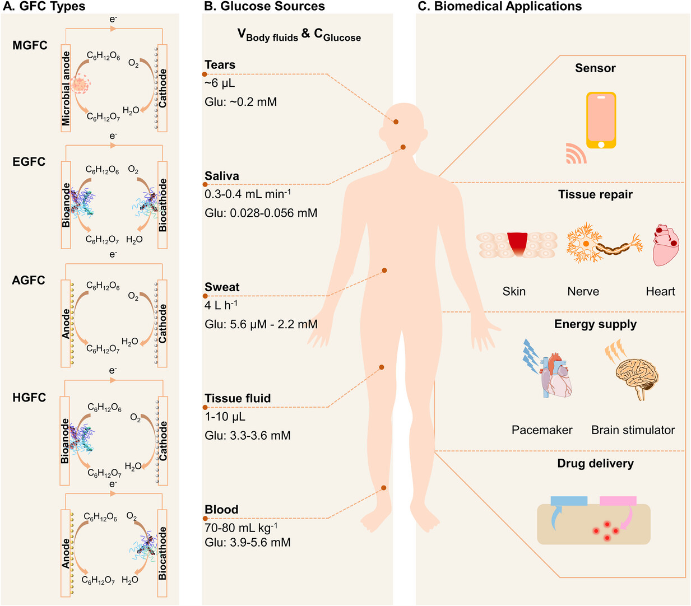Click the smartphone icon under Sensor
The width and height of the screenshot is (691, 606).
coord(601,120)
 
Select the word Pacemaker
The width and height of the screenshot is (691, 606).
coord(542,430)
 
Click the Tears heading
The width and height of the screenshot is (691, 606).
coord(220,65)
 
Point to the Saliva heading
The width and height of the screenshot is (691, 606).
coord(222,176)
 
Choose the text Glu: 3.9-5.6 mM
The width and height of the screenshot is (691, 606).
coord(248,542)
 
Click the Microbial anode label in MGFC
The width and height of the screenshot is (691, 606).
coord(66,88)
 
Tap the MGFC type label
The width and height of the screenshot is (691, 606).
coord(30,45)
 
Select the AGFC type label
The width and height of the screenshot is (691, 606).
coord(29,280)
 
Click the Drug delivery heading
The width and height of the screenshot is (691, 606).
coord(595,463)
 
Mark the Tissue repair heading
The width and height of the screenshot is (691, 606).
coord(595,194)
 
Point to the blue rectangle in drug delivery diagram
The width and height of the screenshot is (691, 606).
coord(569,501)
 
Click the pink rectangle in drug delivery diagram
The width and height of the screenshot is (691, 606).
coord(618,501)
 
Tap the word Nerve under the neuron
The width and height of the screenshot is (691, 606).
coord(583,291)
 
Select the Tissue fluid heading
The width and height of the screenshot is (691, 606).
coord(238,398)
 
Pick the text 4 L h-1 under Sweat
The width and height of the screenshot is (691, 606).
coord(221,305)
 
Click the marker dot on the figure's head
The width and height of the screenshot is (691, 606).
coord(396,122)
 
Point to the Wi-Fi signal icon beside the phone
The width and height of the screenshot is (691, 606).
coord(575,153)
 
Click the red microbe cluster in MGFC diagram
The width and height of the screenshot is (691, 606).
coord(81,85)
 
